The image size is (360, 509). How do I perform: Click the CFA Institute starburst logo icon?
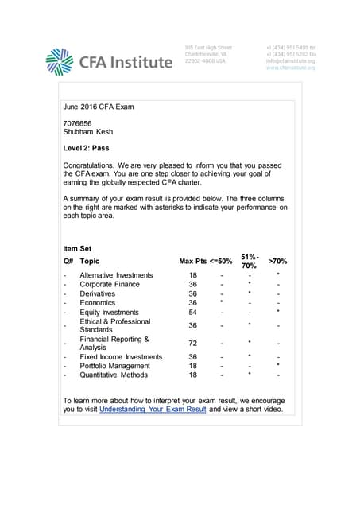pyautogui.click(x=60, y=61)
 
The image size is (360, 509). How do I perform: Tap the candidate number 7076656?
pyautogui.click(x=79, y=122)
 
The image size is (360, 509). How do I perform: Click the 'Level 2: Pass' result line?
pyautogui.click(x=89, y=149)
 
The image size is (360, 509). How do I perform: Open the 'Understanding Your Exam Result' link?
pyautogui.click(x=153, y=410)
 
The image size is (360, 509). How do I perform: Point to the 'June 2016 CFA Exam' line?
pyautogui.click(x=97, y=106)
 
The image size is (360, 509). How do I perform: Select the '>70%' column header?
pyautogui.click(x=277, y=261)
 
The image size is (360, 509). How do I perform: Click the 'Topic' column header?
pyautogui.click(x=90, y=261)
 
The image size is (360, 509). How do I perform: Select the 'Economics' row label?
pyautogui.click(x=98, y=303)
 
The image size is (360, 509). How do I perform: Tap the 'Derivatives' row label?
pyautogui.click(x=99, y=293)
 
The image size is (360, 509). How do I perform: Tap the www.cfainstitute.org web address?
pyautogui.click(x=291, y=68)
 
